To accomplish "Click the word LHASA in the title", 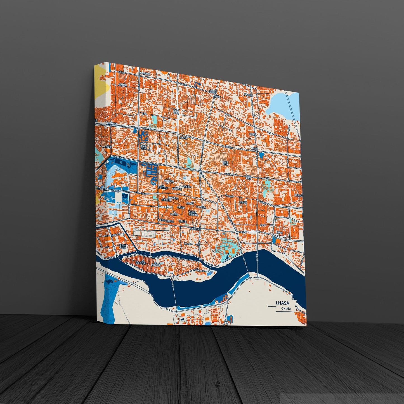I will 282,303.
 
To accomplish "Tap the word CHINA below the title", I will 286,309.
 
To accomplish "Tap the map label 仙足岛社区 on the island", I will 140,263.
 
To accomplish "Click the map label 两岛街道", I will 155,264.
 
